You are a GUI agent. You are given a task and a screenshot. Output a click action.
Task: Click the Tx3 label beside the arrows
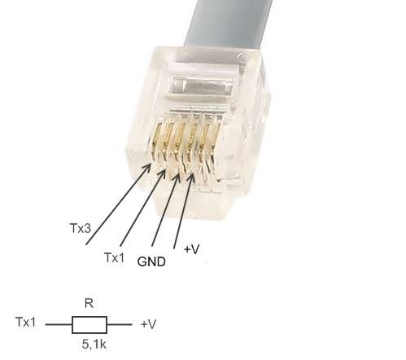81,228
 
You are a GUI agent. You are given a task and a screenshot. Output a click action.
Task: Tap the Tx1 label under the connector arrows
115,257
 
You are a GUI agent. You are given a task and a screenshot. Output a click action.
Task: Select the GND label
151,261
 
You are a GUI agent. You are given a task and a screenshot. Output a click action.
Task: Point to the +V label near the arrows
192,249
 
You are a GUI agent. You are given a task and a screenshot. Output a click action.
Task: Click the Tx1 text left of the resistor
26,322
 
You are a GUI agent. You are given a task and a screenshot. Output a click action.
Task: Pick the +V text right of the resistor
149,324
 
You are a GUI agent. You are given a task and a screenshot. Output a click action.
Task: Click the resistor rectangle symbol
89,325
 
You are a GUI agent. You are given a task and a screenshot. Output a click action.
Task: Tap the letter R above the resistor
89,303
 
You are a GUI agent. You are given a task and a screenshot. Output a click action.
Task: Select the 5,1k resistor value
94,345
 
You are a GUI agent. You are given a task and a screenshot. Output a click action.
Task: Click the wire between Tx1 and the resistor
59,324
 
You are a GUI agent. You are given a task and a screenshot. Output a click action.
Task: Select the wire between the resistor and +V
120,324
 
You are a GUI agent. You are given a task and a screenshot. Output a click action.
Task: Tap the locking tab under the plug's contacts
194,202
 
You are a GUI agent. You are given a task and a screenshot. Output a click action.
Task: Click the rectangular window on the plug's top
201,87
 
